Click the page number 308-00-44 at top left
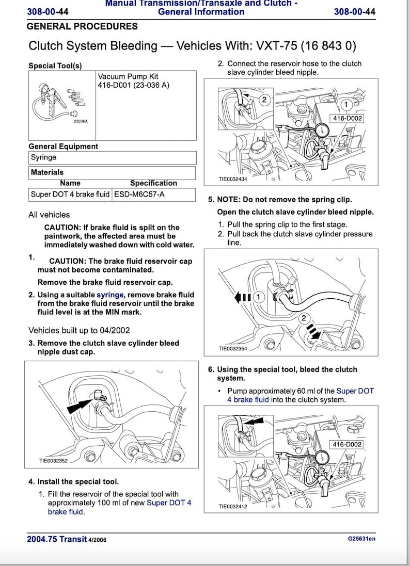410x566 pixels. point(48,11)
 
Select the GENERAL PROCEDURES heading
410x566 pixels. point(82,26)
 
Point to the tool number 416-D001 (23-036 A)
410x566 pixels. point(133,85)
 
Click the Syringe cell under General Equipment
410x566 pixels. point(44,157)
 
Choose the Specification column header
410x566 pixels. point(153,183)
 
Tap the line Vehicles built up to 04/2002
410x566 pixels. point(79,330)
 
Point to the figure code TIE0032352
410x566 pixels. point(53,461)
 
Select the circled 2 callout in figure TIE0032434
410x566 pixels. point(264,100)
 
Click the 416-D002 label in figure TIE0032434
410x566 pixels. point(348,118)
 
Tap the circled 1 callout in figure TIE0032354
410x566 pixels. point(259,297)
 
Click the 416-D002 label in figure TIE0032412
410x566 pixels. point(348,444)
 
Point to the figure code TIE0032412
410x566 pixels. point(233,506)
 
